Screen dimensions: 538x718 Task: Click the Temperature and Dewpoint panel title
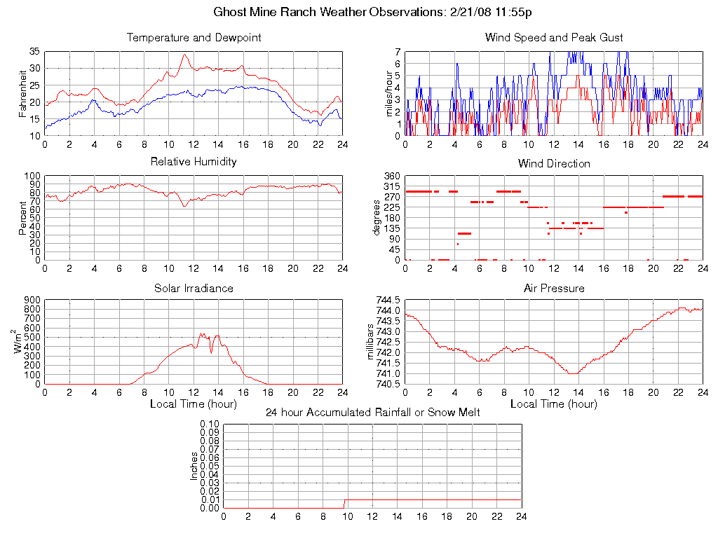[194, 38]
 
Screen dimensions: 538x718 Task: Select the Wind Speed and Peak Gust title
[554, 38]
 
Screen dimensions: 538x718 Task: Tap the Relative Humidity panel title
[194, 162]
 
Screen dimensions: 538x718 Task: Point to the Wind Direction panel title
[554, 164]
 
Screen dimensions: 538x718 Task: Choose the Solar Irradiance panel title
[194, 289]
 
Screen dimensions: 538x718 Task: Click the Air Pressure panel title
[554, 289]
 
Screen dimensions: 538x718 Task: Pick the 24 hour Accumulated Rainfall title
[372, 413]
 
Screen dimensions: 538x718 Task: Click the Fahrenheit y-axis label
[22, 94]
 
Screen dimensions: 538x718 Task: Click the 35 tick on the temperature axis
[34, 52]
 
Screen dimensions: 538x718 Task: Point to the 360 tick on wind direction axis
[391, 176]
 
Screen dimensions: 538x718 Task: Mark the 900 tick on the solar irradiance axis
[32, 300]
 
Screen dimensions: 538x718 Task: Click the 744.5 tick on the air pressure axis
[388, 300]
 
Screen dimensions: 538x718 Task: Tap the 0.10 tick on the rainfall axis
[209, 424]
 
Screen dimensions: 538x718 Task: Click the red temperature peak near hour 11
[185, 55]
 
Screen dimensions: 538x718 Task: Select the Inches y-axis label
[195, 466]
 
